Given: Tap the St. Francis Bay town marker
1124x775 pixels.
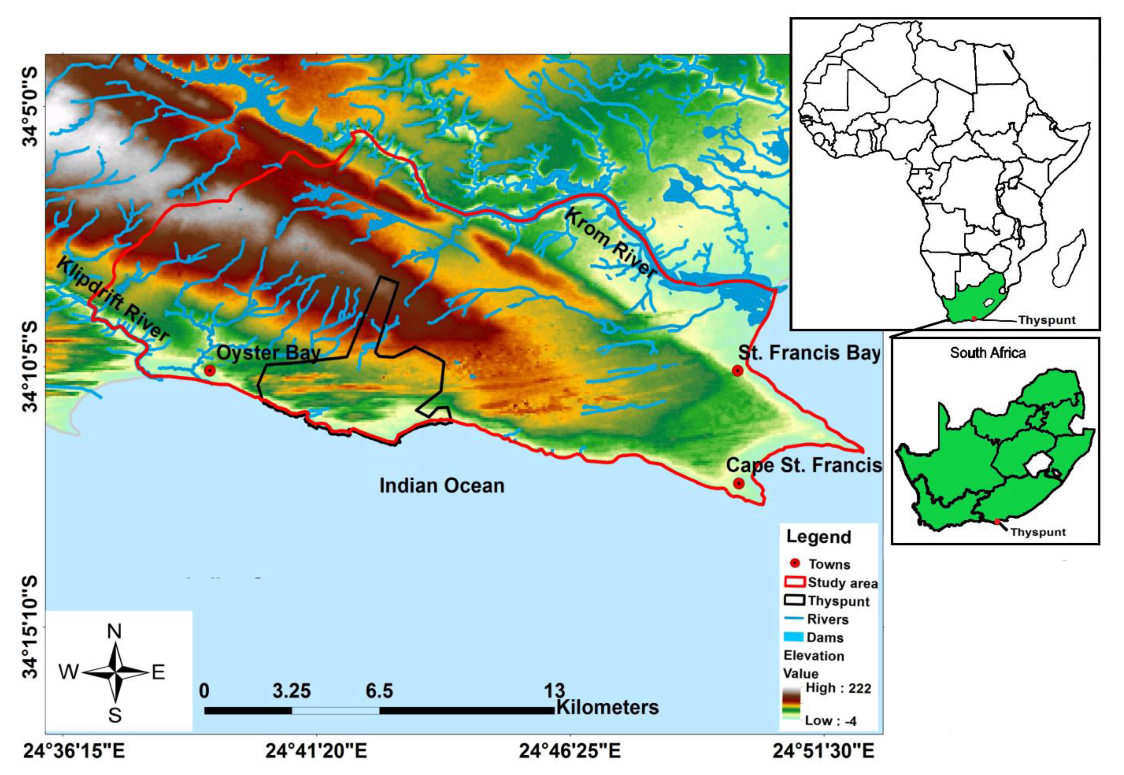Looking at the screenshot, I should tap(737, 371).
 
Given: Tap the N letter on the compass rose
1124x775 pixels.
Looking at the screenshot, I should tap(114, 631).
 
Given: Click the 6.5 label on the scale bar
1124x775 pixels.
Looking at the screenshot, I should tap(379, 691).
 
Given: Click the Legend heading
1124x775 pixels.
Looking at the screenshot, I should tap(819, 537).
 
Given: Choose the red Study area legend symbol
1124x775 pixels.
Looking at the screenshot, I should tap(795, 582).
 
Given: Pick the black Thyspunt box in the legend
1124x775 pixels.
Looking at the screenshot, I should tap(795, 600).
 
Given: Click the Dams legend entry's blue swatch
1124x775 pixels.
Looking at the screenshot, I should tap(795, 636).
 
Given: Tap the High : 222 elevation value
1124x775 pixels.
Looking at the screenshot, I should tap(838, 688).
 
